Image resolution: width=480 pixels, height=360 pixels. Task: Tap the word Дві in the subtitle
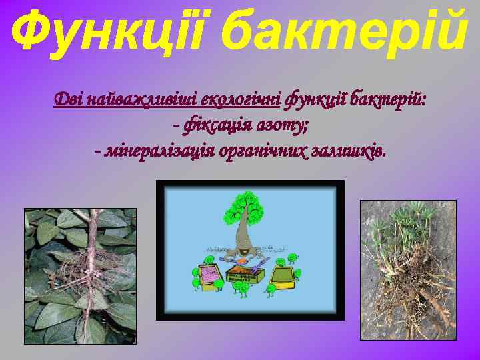point(68,101)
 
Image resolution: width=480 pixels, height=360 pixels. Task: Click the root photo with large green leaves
point(80,275)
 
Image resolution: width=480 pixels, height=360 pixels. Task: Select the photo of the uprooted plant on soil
point(408,270)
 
